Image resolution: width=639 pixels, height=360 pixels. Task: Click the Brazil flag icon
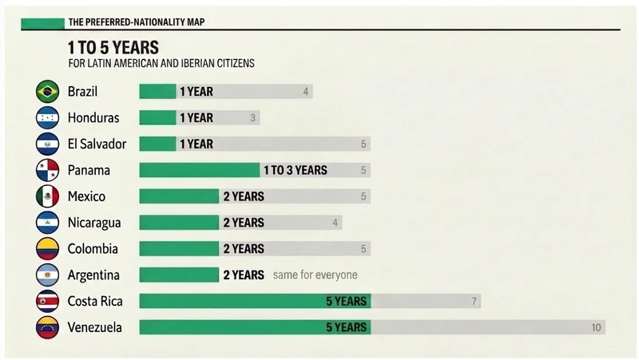[x=47, y=91]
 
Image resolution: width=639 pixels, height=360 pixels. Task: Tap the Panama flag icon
[x=47, y=170]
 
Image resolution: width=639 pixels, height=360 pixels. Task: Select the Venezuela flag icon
[x=47, y=327]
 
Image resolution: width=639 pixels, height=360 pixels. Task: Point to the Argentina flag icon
[x=47, y=275]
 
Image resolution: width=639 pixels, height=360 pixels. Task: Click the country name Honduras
[x=93, y=117]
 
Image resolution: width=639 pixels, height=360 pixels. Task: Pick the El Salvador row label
[x=97, y=144]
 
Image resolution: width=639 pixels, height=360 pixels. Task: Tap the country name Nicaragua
[x=94, y=223]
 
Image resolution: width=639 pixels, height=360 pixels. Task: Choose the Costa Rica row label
[x=95, y=301]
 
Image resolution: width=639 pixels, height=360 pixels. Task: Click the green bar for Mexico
[x=179, y=196]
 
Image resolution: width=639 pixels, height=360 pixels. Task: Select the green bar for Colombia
[x=179, y=248]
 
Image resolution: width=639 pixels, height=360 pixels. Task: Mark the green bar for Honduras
[x=157, y=117]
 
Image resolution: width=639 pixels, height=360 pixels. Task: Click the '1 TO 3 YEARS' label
[x=296, y=170]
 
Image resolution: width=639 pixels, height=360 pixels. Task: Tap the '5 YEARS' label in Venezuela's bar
[x=347, y=327]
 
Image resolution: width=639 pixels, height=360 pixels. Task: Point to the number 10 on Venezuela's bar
[x=596, y=327]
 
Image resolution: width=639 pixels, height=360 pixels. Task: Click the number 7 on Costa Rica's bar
[x=474, y=302]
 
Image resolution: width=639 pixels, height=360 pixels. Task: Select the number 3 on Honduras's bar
[x=252, y=118]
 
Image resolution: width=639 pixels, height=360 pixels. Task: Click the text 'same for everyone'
[x=315, y=275]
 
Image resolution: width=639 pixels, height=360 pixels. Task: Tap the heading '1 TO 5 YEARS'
[x=113, y=48]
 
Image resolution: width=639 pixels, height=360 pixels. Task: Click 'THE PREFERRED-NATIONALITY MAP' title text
[x=137, y=22]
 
